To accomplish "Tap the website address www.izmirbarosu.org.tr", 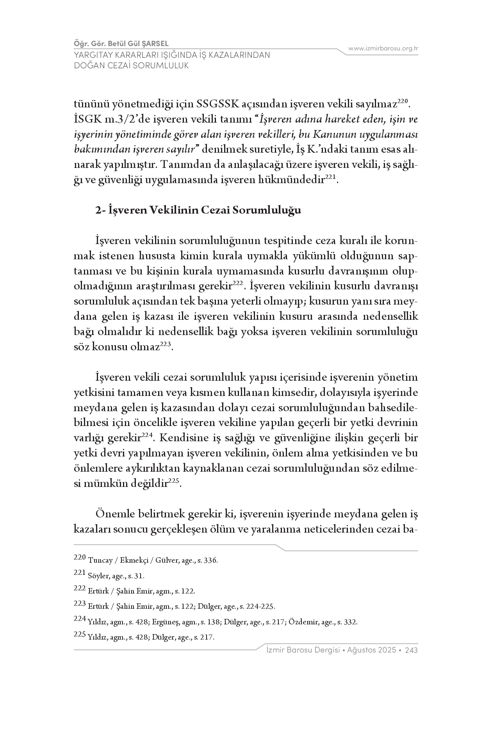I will point(383,48).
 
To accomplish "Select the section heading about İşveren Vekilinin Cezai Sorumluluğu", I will point(198,210).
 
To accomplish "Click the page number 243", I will point(412,650).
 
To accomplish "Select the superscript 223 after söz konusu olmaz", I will point(165,344).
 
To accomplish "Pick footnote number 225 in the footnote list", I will point(79,635).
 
